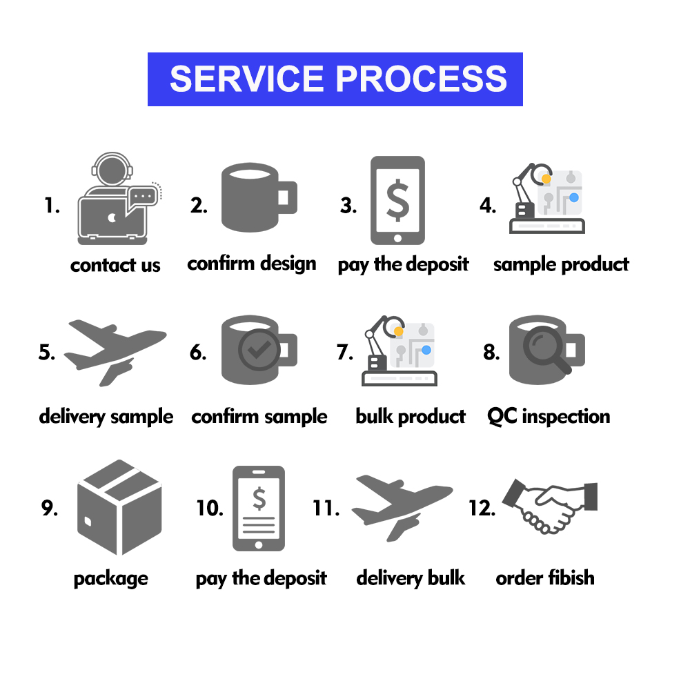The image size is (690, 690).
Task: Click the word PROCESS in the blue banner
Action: click(x=422, y=79)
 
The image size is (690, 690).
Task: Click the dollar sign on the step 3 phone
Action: click(x=397, y=201)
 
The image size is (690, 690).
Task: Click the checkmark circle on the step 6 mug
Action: click(x=259, y=350)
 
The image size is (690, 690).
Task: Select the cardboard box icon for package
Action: click(x=119, y=507)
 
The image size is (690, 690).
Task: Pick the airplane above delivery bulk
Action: click(x=402, y=507)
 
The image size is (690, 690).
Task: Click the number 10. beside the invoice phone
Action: click(x=210, y=509)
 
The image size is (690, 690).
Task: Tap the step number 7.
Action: click(x=345, y=352)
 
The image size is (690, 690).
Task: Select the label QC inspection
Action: click(x=549, y=416)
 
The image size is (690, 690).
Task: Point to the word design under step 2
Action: click(x=288, y=264)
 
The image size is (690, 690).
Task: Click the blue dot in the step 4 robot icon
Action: click(x=574, y=197)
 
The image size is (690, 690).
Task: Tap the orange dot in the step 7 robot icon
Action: click(x=399, y=331)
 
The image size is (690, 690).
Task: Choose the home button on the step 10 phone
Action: click(x=259, y=545)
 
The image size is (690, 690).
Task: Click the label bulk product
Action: click(x=411, y=417)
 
